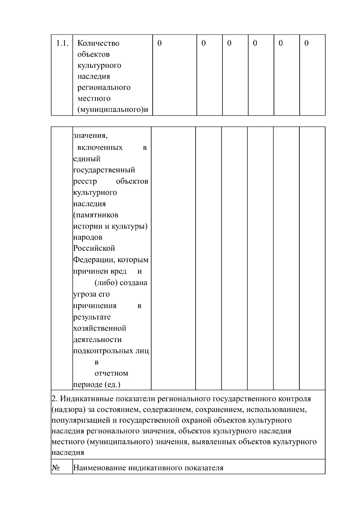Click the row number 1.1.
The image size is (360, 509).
coord(62,43)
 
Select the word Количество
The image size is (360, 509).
coord(98,43)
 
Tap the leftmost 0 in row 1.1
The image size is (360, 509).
coord(160,43)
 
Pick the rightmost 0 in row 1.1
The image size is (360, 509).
coord(306,43)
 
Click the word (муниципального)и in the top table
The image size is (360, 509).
coord(113,110)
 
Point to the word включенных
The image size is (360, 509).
coord(100,148)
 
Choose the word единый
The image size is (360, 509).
coord(87,159)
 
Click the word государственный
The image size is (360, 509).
coord(104,170)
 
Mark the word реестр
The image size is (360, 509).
coord(85,181)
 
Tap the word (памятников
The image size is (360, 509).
coord(96,215)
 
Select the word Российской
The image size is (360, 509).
coord(94,248)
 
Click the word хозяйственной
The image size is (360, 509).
coord(100,328)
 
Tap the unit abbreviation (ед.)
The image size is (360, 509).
coord(112,385)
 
